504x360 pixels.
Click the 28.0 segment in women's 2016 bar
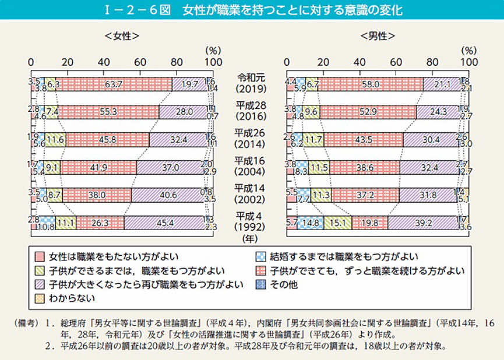(183, 112)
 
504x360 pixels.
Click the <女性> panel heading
(121, 36)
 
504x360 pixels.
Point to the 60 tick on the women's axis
(140, 62)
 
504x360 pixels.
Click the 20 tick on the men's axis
(323, 62)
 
